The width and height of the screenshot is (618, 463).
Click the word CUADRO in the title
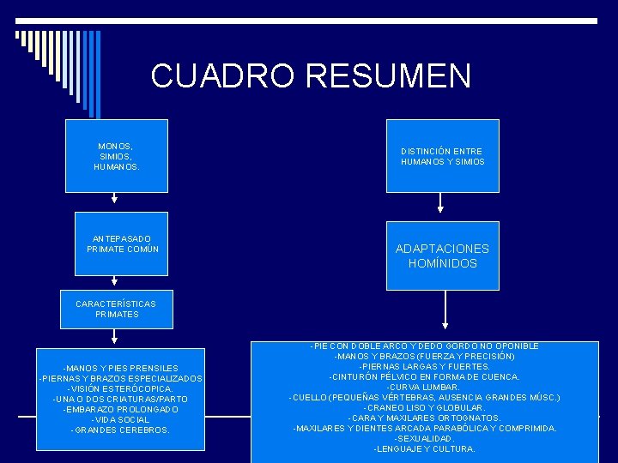[x=223, y=75]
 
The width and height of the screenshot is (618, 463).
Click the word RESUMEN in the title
[x=387, y=75]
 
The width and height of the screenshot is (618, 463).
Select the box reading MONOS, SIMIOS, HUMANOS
[x=116, y=156]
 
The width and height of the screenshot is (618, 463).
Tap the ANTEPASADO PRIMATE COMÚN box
[x=122, y=244]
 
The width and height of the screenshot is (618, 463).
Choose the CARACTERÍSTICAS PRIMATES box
[x=116, y=309]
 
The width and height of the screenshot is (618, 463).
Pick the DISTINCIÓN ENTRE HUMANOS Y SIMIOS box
[x=442, y=156]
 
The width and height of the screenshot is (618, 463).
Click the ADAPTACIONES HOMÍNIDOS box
[x=442, y=256]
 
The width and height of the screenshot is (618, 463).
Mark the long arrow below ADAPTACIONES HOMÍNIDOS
[x=444, y=309]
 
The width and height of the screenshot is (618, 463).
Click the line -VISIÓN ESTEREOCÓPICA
[x=120, y=388]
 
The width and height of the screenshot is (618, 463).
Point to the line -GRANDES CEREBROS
[x=120, y=430]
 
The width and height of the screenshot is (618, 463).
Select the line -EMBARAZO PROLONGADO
[x=120, y=409]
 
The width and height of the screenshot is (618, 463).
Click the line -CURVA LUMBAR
[x=424, y=387]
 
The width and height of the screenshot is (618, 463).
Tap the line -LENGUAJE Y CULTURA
[x=424, y=448]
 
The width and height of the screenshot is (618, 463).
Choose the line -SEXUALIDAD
[x=424, y=438]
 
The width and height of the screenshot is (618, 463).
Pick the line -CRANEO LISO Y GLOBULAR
[x=424, y=407]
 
